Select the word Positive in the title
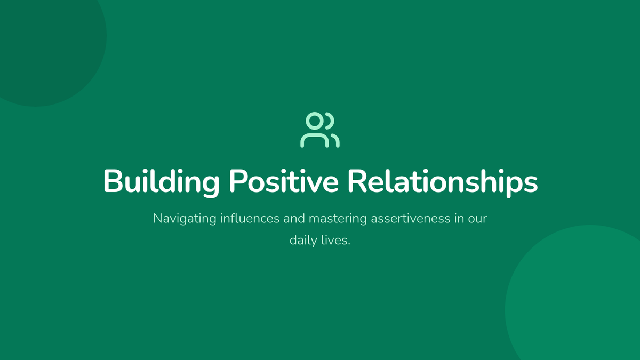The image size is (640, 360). coord(284,181)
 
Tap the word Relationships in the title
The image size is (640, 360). coord(443,182)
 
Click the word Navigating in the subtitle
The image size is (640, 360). coord(185,219)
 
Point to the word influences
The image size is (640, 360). coord(250,218)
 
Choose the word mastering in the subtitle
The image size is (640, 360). coord(338,219)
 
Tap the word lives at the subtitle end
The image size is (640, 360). coord(335,240)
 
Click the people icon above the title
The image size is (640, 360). coord(319,130)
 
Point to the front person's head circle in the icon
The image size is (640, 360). coord(315,121)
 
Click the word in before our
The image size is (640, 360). coord(459,218)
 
